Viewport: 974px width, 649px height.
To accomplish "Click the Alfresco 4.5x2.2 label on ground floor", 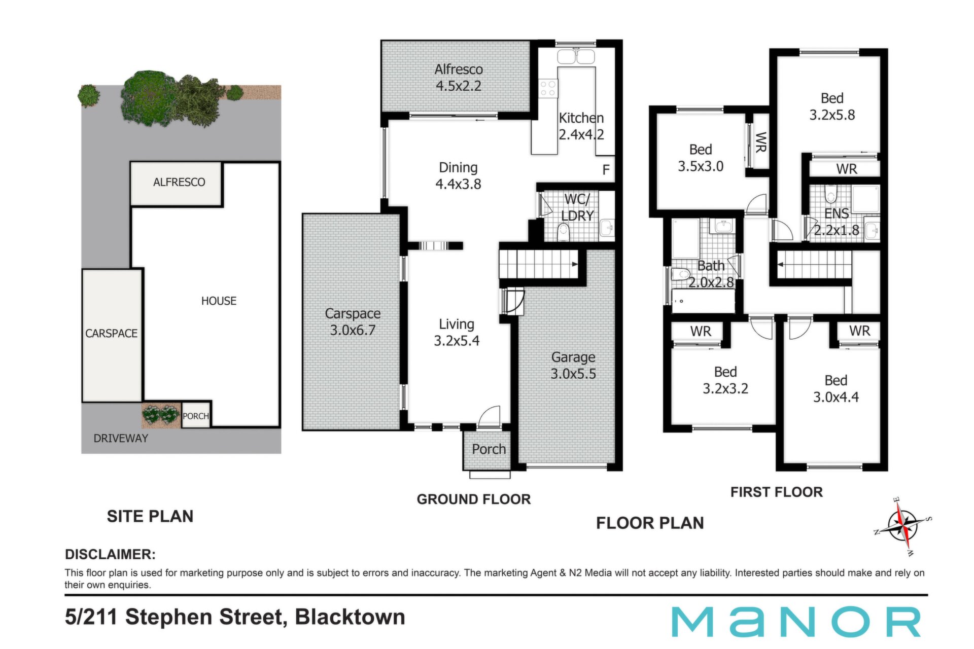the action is (459, 78).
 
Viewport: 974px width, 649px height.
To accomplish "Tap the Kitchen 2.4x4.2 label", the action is (581, 126).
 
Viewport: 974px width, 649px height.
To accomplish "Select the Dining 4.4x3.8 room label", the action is (458, 176).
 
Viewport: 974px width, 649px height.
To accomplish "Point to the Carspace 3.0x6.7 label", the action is (353, 322).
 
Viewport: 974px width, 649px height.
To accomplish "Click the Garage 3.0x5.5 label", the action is (573, 366).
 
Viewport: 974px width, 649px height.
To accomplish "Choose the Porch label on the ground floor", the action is (489, 449).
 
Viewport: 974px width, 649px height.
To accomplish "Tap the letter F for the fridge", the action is (606, 170).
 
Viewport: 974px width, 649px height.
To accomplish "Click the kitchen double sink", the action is (576, 56).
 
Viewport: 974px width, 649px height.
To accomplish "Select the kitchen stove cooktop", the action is (548, 88).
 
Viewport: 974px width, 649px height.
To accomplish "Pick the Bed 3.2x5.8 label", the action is (832, 106).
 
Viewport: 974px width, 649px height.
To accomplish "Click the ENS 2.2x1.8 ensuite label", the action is (837, 222).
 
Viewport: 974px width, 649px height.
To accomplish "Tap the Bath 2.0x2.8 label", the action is (711, 274).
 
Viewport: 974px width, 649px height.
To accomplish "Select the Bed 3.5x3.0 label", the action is (701, 158).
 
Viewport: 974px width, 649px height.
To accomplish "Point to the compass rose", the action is (903, 526).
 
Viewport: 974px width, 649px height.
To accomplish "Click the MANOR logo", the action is (796, 622).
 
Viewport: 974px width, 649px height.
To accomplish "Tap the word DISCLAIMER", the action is (110, 554).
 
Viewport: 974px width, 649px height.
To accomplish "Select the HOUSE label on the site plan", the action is (219, 301).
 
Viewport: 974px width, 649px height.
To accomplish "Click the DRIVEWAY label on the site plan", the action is (121, 439).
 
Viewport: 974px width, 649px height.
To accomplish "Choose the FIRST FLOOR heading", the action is (777, 492).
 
